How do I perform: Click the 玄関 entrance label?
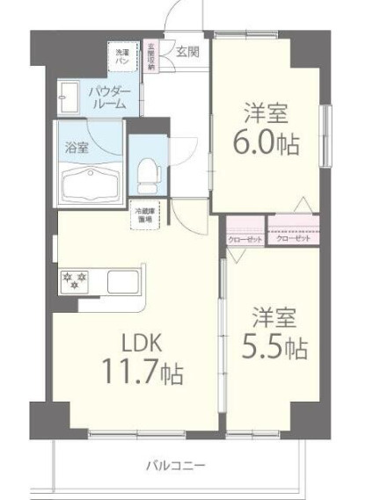point(187,52)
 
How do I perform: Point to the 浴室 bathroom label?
point(77,149)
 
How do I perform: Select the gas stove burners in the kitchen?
point(75,281)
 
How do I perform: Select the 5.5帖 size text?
point(275,348)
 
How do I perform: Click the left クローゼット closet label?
point(245,239)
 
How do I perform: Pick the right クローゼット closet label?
point(293,239)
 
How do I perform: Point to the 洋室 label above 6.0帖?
point(266,112)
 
